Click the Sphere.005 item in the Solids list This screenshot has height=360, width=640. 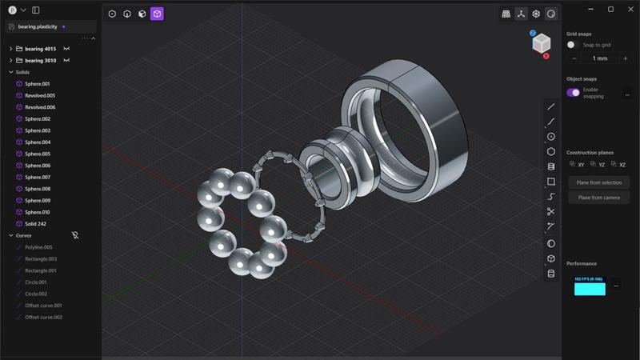click(x=37, y=154)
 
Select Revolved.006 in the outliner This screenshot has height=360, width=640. click(x=39, y=107)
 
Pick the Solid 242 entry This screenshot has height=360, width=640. click(x=35, y=224)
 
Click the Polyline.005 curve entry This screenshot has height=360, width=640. click(x=38, y=247)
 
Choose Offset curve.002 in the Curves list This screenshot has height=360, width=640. click(x=43, y=317)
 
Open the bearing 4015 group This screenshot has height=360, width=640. click(x=40, y=49)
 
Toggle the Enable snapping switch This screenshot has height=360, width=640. click(x=574, y=92)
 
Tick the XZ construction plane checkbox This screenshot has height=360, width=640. click(x=614, y=164)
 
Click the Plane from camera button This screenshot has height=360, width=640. click(x=598, y=198)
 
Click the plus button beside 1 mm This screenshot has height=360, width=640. click(x=625, y=58)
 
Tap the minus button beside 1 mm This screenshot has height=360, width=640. click(x=574, y=58)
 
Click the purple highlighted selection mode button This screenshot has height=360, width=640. click(x=157, y=14)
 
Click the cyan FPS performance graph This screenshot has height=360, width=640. click(x=590, y=286)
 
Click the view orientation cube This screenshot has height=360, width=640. click(x=541, y=43)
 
